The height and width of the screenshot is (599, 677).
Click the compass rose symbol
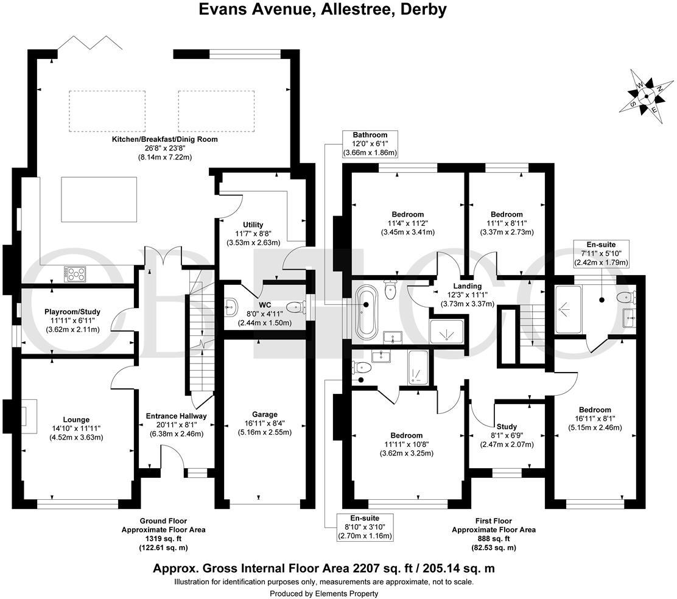tap(647, 96)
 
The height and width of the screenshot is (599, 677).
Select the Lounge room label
tap(76, 419)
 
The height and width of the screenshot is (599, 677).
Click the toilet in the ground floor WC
tap(294, 306)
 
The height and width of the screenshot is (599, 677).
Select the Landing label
tap(467, 286)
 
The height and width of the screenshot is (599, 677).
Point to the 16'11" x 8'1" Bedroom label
tap(595, 410)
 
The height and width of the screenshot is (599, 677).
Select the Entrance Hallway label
tap(176, 416)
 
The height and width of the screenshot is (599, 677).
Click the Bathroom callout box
tap(370, 144)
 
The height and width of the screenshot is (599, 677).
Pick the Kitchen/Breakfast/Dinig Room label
tap(164, 139)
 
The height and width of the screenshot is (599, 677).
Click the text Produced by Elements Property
tap(324, 594)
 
